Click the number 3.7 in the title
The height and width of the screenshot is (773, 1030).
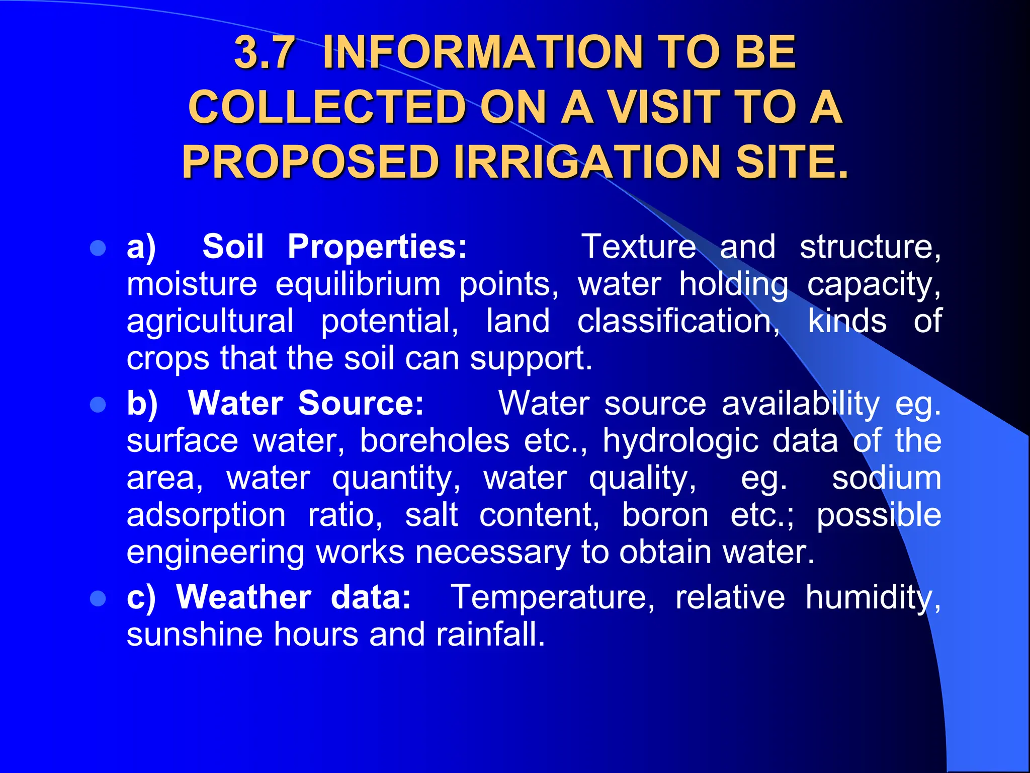[x=265, y=52]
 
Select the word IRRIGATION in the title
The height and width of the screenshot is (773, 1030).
[x=587, y=162]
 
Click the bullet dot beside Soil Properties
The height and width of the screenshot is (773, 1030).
[x=98, y=248]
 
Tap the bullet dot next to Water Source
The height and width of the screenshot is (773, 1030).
[x=98, y=405]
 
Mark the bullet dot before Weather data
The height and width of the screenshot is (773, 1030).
[x=98, y=598]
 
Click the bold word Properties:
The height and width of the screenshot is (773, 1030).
[x=377, y=247]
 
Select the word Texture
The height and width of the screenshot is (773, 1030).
[x=639, y=247]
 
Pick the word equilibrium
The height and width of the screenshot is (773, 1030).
[x=358, y=284]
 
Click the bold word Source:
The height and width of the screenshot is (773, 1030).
[x=361, y=404]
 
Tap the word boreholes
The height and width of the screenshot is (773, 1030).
[x=435, y=441]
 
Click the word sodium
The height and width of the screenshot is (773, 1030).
[x=886, y=478]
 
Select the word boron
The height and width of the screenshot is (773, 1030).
[x=665, y=515]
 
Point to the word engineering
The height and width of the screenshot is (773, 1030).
[x=215, y=553]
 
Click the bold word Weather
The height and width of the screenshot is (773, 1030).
[x=243, y=597]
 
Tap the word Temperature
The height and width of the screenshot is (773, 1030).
[x=552, y=597]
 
